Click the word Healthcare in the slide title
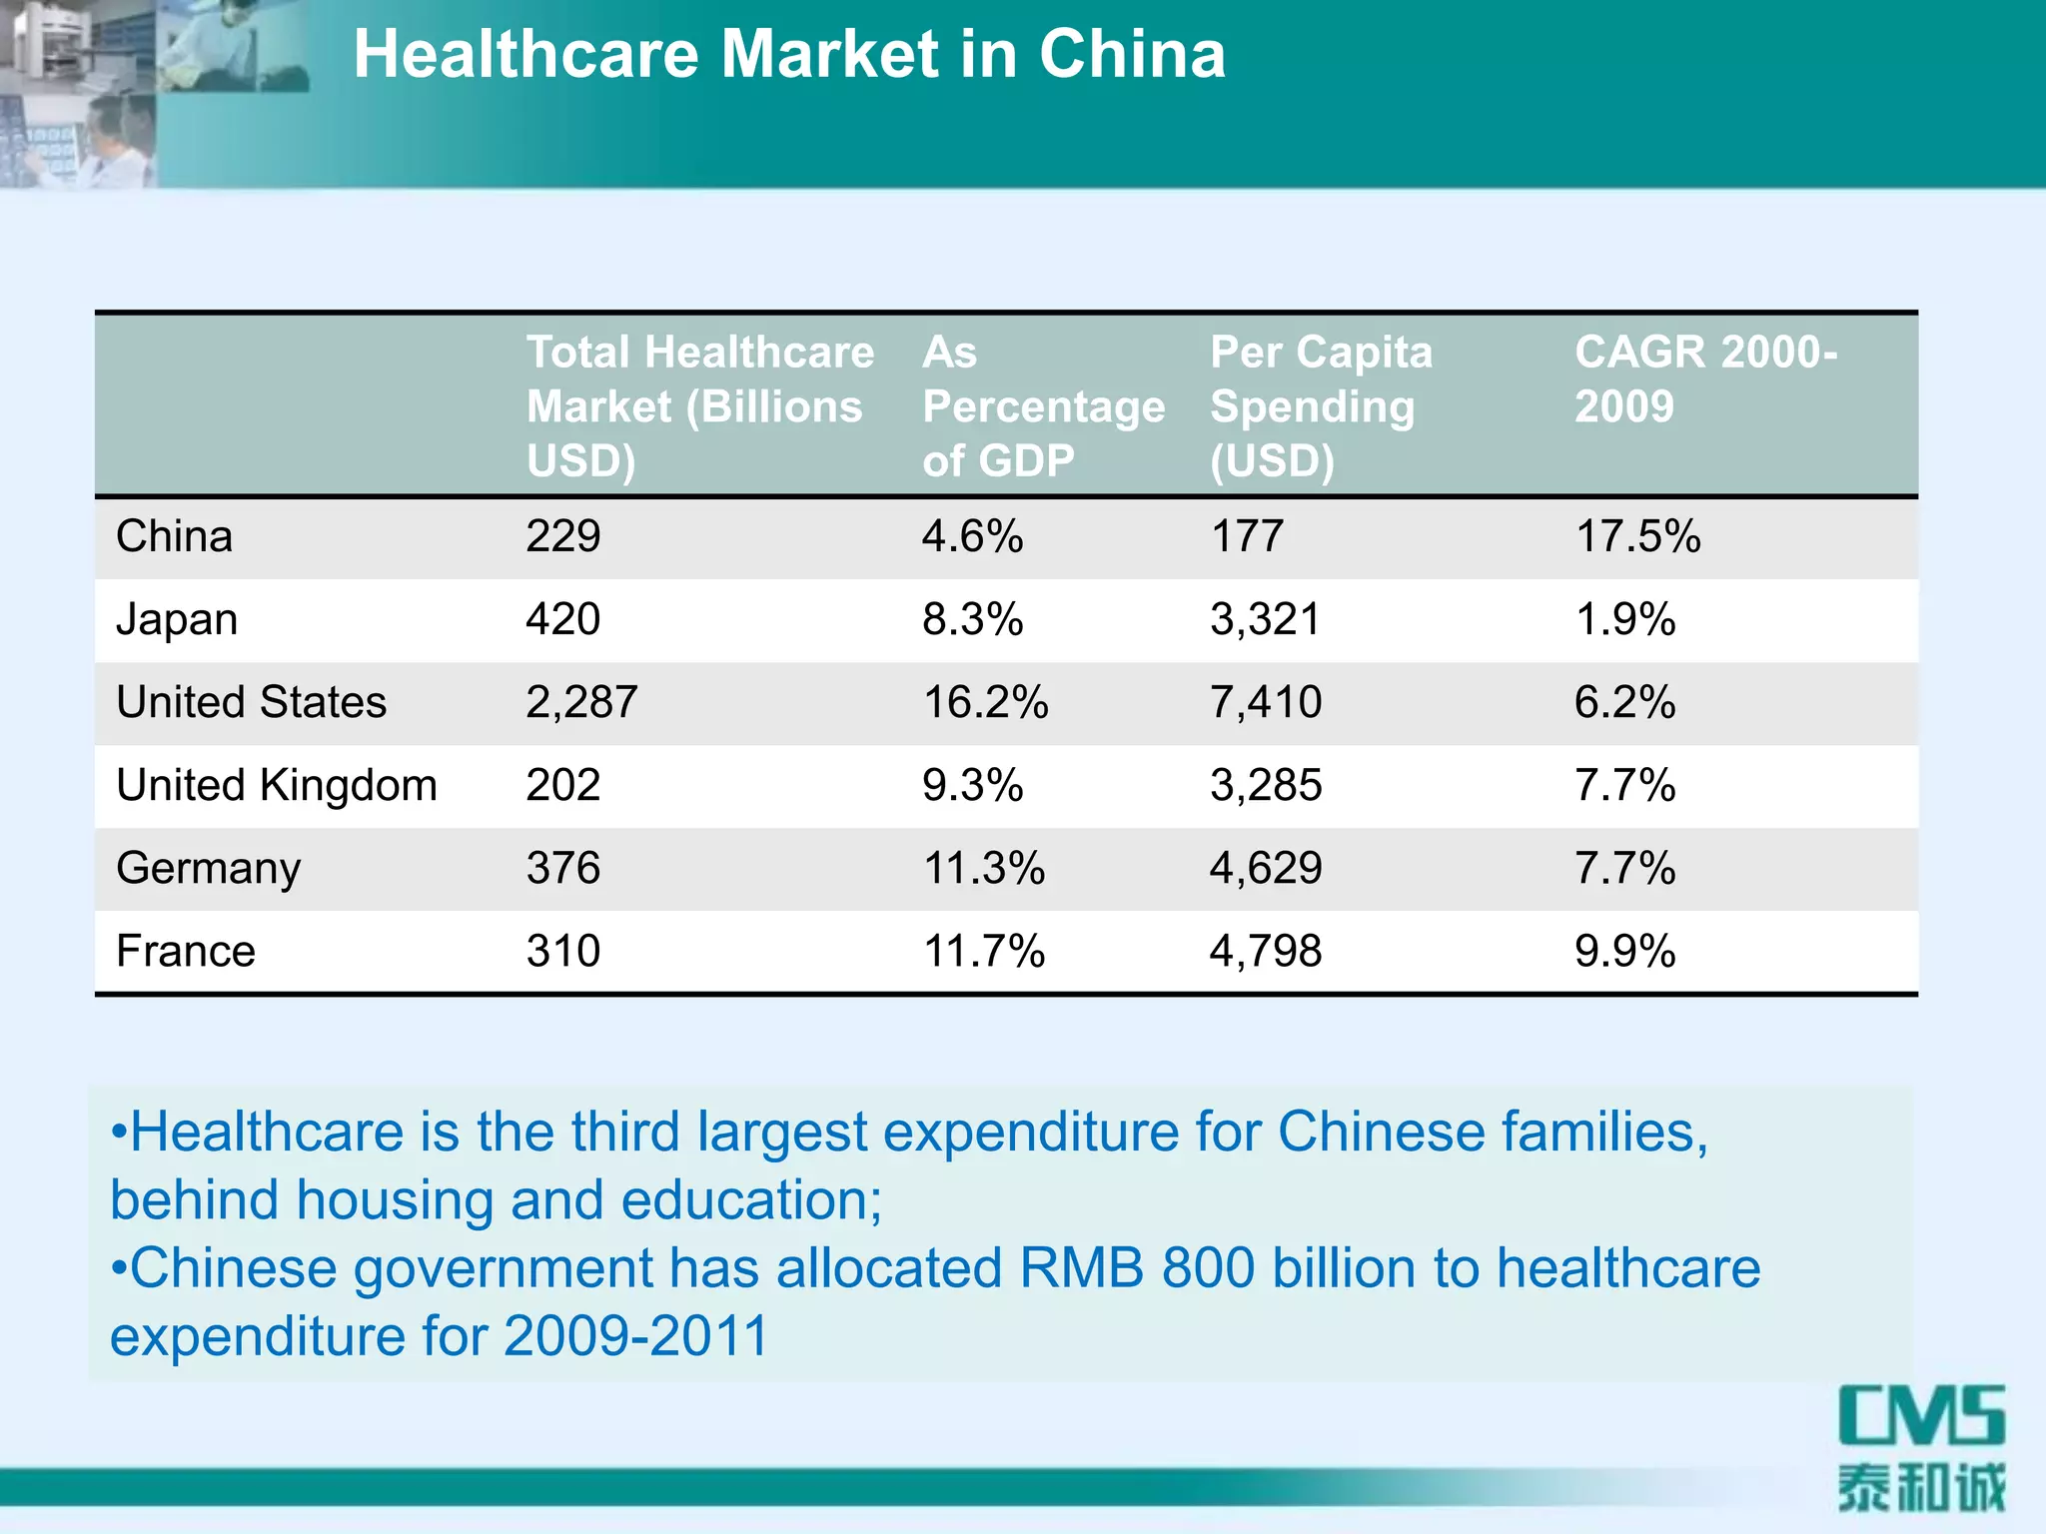[x=525, y=54]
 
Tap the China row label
[x=174, y=537]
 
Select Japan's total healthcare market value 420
[x=562, y=619]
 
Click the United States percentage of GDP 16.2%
[x=985, y=702]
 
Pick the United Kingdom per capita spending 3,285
[x=1266, y=785]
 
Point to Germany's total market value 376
[x=562, y=868]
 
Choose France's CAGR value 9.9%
[x=1624, y=951]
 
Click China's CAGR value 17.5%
[x=1637, y=537]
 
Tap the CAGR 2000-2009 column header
[x=1704, y=380]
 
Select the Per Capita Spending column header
[x=1321, y=406]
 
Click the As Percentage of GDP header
[x=1043, y=406]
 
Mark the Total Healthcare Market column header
[x=699, y=406]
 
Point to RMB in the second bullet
[x=1081, y=1269]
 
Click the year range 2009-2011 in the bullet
[x=635, y=1337]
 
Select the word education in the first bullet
[x=744, y=1200]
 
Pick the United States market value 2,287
[x=581, y=702]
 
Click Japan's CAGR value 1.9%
[x=1624, y=619]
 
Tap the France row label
[x=186, y=951]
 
